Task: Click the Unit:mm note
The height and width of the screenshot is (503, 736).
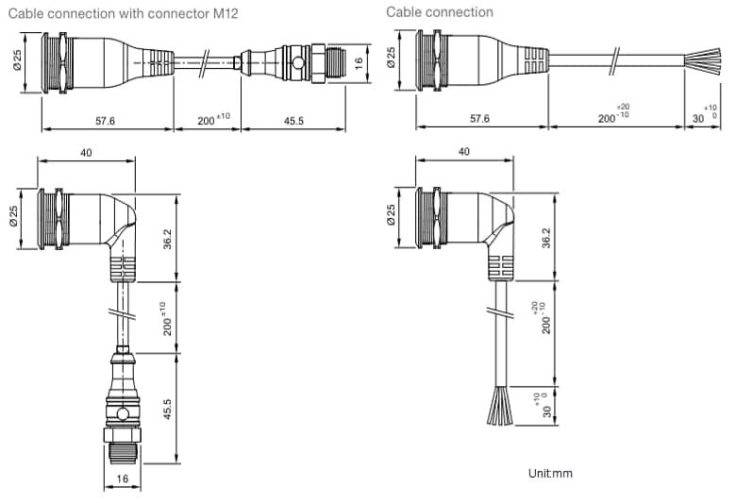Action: point(550,473)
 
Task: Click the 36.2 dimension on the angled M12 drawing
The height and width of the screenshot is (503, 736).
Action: point(168,239)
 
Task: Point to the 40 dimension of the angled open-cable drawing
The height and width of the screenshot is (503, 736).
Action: point(464,151)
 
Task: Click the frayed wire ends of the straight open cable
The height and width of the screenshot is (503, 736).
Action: point(707,65)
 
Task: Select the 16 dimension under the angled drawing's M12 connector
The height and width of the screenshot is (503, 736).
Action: point(121,480)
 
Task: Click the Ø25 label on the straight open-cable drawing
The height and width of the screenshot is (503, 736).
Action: point(391,62)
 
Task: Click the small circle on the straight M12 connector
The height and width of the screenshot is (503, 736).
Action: point(299,64)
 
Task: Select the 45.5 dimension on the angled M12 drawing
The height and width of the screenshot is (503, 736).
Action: point(168,409)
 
